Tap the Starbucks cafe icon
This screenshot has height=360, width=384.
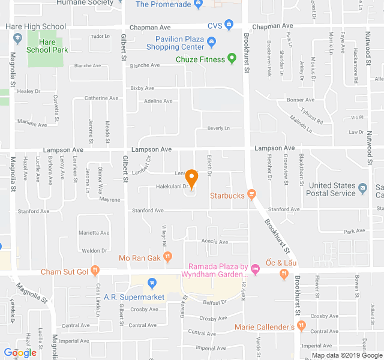point(251,195)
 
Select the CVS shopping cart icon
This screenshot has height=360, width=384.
point(229,25)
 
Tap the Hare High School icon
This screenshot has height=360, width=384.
point(16,39)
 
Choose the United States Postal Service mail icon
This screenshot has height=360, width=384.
point(363,190)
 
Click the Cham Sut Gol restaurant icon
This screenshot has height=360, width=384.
point(95,271)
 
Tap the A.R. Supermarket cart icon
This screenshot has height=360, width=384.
point(152,283)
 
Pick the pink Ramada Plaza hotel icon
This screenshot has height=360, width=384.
point(255,268)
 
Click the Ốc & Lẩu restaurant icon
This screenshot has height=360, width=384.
point(284,275)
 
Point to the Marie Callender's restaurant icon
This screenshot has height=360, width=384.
point(301,326)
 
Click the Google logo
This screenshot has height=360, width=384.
point(20,352)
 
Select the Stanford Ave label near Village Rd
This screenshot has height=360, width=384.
point(148,211)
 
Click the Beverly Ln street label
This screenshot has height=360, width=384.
point(218,128)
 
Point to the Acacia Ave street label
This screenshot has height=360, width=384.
point(215,242)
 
